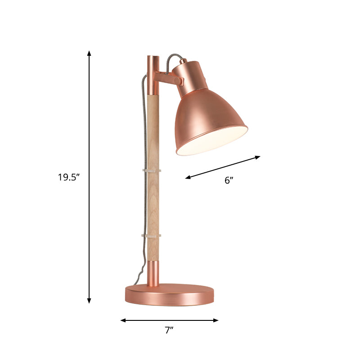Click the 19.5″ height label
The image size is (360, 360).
[x=68, y=177]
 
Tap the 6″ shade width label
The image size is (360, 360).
[x=229, y=180]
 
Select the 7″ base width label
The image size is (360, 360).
[x=169, y=330]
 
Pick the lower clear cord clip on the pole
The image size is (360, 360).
[x=152, y=235]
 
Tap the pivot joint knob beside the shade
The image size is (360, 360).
[x=180, y=81]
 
